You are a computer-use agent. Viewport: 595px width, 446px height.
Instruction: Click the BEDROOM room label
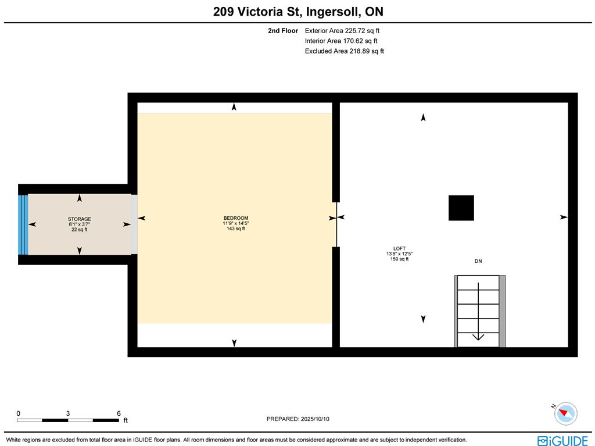(236, 218)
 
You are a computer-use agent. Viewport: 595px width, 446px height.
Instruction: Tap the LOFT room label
(399, 248)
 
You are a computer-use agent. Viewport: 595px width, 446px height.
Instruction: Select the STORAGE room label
(79, 219)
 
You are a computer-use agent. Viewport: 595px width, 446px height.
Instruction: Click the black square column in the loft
(461, 208)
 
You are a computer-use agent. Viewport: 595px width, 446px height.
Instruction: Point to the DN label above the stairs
(478, 261)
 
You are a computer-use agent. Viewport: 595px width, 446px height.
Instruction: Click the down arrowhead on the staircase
(478, 337)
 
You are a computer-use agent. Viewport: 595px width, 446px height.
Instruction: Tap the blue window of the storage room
(23, 224)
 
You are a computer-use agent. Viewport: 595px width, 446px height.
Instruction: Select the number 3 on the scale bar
(68, 413)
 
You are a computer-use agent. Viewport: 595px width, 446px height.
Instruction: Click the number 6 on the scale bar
(119, 413)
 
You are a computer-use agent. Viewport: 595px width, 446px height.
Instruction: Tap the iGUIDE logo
(562, 441)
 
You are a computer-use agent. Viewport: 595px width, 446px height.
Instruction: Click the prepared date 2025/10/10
(315, 419)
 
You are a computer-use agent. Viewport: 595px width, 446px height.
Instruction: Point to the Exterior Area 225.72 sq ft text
(342, 31)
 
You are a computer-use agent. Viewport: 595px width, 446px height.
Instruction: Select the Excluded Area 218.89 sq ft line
(345, 51)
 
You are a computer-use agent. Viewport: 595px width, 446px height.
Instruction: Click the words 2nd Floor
(283, 31)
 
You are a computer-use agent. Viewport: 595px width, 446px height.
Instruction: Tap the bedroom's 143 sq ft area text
(236, 229)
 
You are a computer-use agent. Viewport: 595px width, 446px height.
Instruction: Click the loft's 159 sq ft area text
(399, 259)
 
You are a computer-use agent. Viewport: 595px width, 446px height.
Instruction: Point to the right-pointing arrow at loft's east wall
(564, 217)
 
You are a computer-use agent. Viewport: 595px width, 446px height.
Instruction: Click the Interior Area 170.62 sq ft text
(341, 41)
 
